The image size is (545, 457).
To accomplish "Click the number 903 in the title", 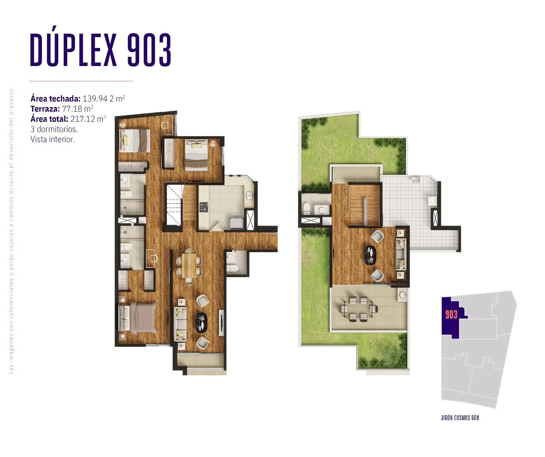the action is (x=149, y=50).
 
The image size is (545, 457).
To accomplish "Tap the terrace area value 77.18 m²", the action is (x=77, y=109).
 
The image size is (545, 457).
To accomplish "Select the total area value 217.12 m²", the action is (x=88, y=119).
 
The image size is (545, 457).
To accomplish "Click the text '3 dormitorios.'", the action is (x=54, y=129).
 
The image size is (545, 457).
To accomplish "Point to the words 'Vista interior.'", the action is (x=53, y=139).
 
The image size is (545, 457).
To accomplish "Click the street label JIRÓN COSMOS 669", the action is (x=460, y=418).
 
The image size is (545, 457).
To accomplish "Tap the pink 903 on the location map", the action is (x=451, y=315).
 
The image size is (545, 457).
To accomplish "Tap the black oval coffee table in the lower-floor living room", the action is (x=201, y=322).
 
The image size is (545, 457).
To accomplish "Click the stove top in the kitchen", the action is (x=204, y=207).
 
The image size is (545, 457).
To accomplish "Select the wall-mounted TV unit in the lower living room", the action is (x=221, y=323).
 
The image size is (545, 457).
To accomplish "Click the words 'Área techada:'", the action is (x=56, y=99).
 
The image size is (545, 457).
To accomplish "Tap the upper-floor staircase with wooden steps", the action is (x=364, y=205).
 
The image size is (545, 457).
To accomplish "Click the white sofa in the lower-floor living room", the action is (x=180, y=324).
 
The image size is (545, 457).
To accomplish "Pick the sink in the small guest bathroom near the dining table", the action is (x=231, y=257).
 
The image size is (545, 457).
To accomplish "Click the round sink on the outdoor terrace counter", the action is (x=403, y=295).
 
